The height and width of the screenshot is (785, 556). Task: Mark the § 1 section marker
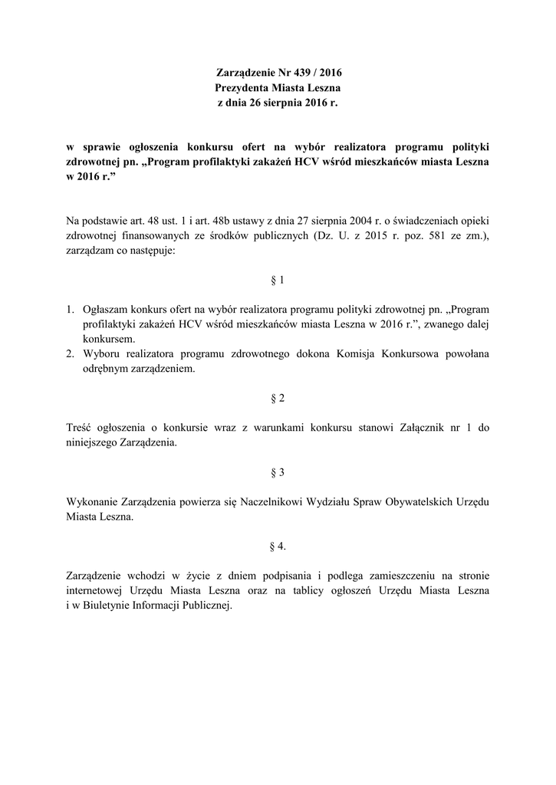pos(278,281)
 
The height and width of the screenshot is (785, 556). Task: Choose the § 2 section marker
pos(278,399)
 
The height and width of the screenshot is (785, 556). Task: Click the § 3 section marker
pos(278,472)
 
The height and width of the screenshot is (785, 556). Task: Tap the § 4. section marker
pos(278,546)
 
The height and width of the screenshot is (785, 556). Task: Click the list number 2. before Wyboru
pos(69,354)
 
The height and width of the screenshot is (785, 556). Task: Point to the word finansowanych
pos(153,237)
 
